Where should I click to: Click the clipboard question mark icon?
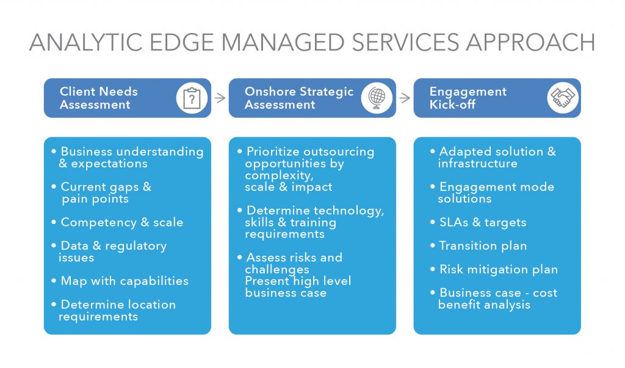pos(192,98)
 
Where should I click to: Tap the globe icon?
pos(377,98)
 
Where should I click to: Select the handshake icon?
pos(562,98)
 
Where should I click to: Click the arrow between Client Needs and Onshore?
pos(220,98)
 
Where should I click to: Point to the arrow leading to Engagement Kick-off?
pos(405,98)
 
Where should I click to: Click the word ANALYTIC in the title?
pos(86,42)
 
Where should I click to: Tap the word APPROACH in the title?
pos(530,42)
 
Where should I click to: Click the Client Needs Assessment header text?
pos(99,98)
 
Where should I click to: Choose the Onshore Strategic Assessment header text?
pos(299,98)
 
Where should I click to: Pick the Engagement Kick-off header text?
pos(468,98)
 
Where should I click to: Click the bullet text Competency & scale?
pos(122,223)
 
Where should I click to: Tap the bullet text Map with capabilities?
pos(125,281)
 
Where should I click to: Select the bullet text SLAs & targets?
pos(483,223)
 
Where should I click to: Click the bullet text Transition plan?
pos(483,246)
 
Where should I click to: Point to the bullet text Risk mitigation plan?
pos(498,270)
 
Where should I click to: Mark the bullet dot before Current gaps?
pos(54,187)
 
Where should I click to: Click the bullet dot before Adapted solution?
pos(433,151)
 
